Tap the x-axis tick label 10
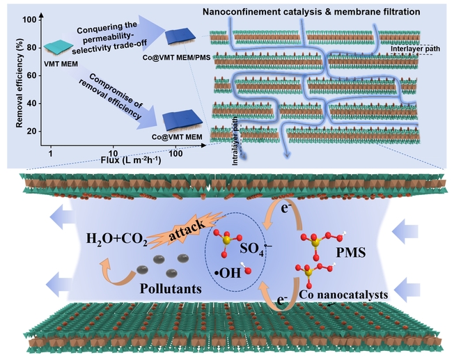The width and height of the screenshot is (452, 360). click(111, 152)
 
